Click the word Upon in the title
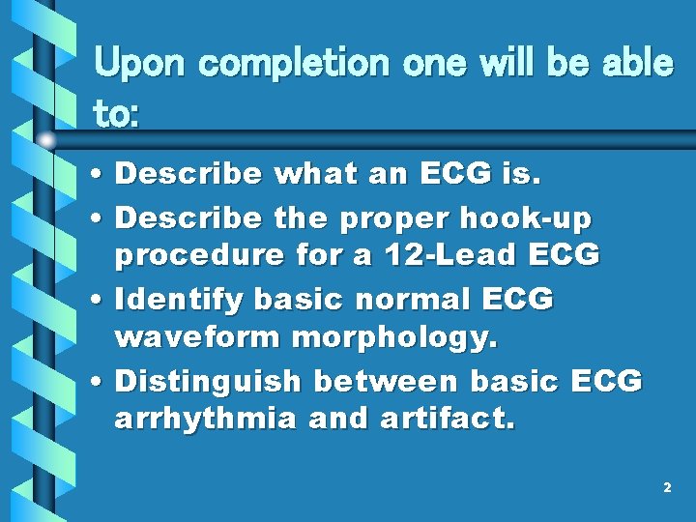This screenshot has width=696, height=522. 136,65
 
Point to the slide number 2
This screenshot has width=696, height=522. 667,488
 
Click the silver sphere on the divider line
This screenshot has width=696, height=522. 46,141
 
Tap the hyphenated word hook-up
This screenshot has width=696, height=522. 527,218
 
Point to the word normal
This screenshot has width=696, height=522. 396,301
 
